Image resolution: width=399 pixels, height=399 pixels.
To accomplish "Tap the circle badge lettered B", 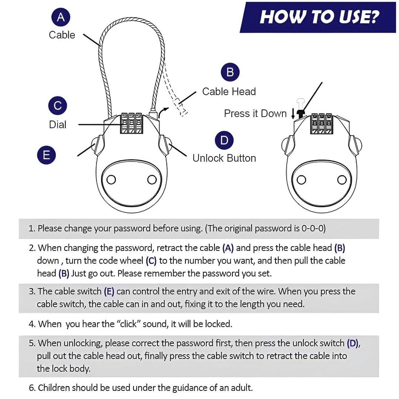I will [x=230, y=72].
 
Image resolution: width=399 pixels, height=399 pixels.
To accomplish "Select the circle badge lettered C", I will [x=58, y=106].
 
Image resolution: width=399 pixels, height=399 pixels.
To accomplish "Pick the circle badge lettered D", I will [x=224, y=141].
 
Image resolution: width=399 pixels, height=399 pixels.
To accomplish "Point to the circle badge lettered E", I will [x=47, y=155].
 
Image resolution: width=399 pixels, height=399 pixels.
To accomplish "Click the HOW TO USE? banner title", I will [x=319, y=17].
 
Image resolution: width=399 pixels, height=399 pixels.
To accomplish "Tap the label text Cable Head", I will [x=229, y=92].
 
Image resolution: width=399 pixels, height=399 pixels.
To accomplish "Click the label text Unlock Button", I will [x=224, y=158].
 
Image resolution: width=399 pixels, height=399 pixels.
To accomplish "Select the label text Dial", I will [x=58, y=125].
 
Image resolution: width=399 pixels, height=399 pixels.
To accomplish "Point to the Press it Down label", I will [x=255, y=114].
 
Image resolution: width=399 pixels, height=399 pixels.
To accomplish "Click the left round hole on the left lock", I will [x=111, y=180].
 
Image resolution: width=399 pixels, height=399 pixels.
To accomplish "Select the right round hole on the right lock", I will [x=341, y=180].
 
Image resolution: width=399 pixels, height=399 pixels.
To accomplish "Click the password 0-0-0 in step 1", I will [x=313, y=228].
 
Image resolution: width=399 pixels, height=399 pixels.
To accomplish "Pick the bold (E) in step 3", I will [x=109, y=292].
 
